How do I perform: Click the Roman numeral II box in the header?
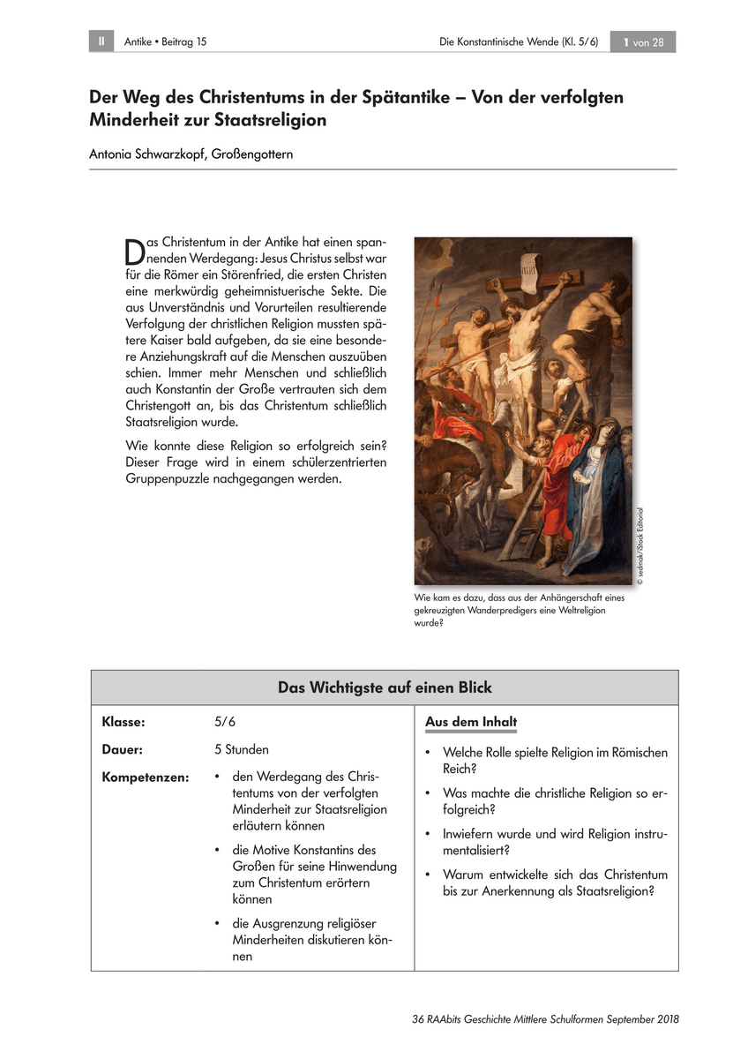pyautogui.click(x=101, y=41)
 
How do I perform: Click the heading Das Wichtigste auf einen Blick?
pyautogui.click(x=385, y=687)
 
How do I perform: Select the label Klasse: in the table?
pyautogui.click(x=123, y=722)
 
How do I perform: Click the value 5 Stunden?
pyautogui.click(x=242, y=749)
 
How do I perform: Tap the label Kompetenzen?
pyautogui.click(x=146, y=777)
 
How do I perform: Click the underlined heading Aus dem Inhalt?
pyautogui.click(x=471, y=722)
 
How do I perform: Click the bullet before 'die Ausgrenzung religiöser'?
pyautogui.click(x=217, y=923)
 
